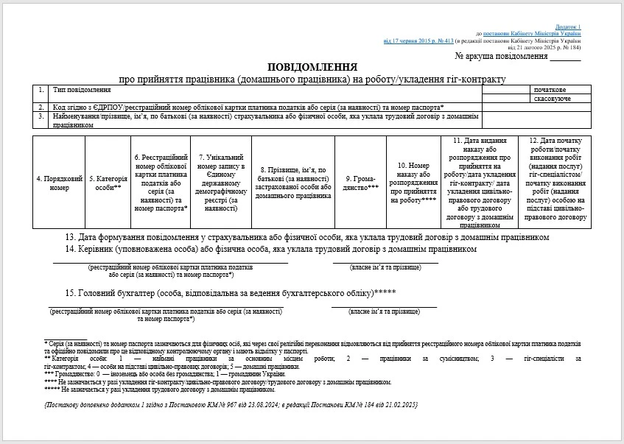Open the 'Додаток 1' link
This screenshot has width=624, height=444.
pos(569,27)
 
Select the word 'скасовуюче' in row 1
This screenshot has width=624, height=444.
pos(553,98)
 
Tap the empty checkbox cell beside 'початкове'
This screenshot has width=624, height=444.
pos(506,90)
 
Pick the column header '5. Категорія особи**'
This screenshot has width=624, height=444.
pos(108,183)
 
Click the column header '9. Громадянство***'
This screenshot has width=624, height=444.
pos(362,183)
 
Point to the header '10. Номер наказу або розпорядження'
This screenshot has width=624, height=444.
pos(413,183)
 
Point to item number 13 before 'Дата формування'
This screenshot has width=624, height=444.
pos(71,238)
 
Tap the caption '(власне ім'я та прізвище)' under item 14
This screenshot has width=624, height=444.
pos(385,267)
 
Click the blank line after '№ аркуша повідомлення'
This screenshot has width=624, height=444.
pos(566,57)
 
